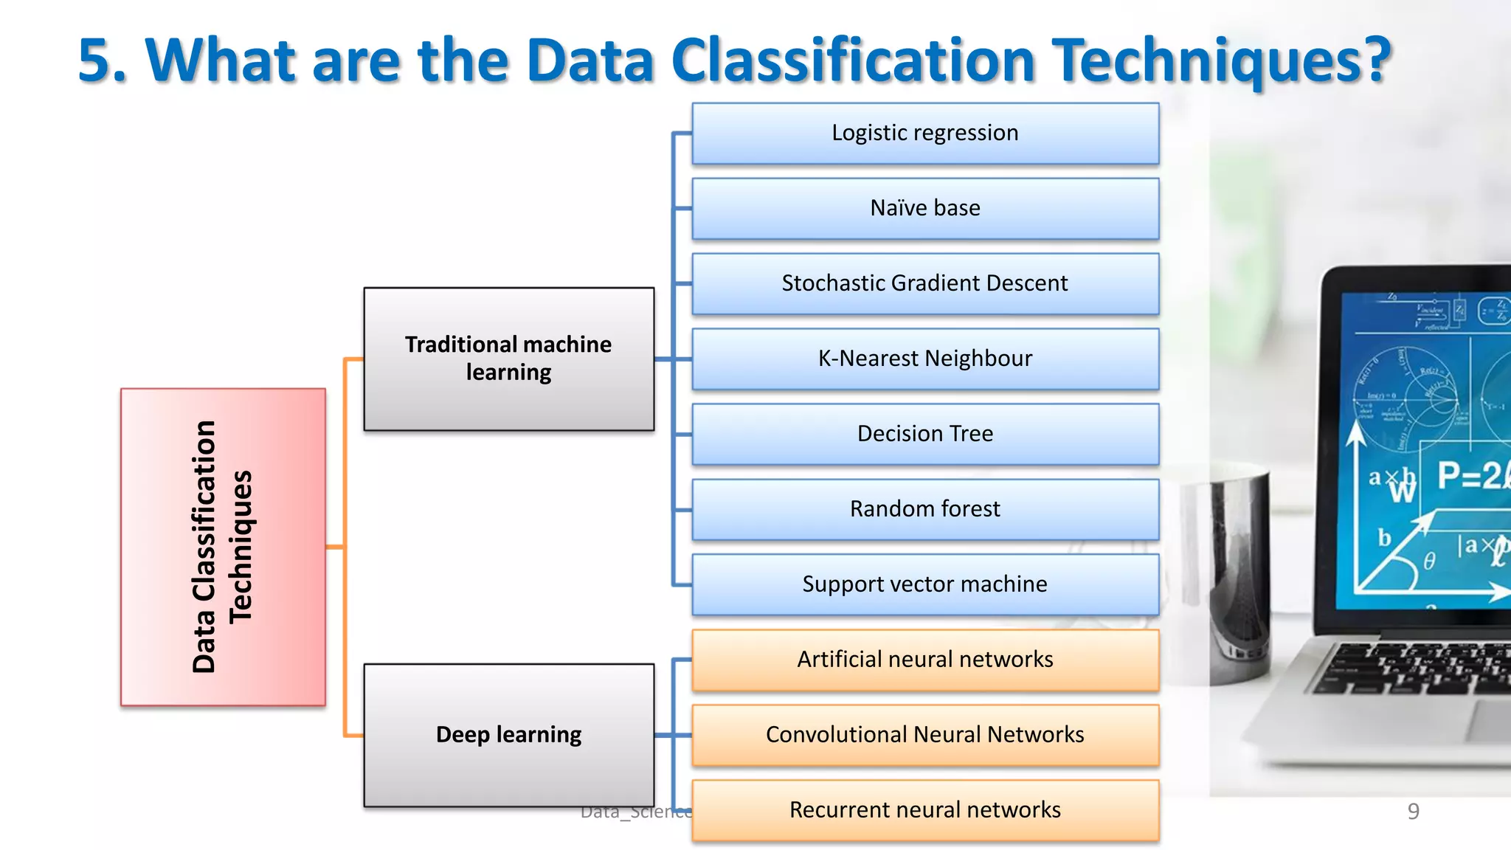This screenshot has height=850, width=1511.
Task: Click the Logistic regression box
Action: coord(925,134)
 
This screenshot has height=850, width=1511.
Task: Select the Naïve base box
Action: coord(925,209)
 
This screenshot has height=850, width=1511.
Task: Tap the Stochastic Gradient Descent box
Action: coord(925,284)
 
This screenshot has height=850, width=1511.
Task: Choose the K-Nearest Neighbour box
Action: coord(925,359)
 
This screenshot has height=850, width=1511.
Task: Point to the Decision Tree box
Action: coord(925,435)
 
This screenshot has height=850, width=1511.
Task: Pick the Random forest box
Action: coord(925,510)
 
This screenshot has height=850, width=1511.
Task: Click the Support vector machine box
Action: coord(925,585)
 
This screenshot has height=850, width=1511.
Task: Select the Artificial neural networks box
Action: coord(925,660)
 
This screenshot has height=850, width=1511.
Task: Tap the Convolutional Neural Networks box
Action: coord(925,736)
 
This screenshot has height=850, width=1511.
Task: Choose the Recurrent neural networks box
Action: coord(925,811)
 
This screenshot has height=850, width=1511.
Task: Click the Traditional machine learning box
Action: coord(508,359)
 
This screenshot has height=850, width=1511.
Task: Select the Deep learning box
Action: coord(508,736)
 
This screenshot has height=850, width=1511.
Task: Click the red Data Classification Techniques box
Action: coord(223,547)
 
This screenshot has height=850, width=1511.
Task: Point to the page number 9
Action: coord(1413,812)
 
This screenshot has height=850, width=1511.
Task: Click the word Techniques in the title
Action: coord(1221,61)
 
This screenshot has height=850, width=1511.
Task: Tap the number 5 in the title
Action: coord(94,61)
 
